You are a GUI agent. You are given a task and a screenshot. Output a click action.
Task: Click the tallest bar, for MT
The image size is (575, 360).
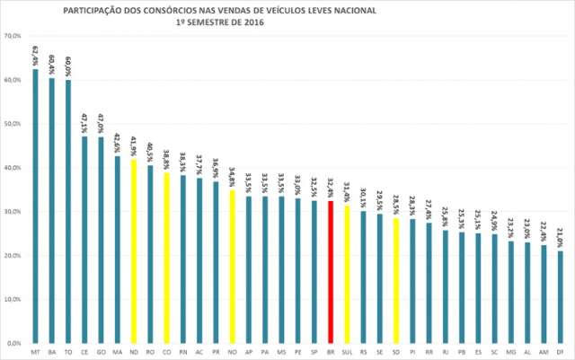click(x=36, y=206)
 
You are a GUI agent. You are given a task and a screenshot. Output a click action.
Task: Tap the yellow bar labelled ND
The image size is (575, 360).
click(x=134, y=251)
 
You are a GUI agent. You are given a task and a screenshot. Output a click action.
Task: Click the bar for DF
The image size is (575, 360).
click(x=561, y=297)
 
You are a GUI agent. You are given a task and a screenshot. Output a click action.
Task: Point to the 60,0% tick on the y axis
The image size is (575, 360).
click(x=13, y=80)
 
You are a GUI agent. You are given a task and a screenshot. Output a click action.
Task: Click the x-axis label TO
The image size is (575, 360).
click(x=68, y=352)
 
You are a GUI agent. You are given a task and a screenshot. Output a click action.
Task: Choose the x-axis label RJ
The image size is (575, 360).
click(x=446, y=352)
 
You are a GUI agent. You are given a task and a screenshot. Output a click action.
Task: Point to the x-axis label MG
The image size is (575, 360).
click(x=511, y=352)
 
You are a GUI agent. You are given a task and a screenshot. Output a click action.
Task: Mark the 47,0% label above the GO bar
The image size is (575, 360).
click(x=101, y=122)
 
